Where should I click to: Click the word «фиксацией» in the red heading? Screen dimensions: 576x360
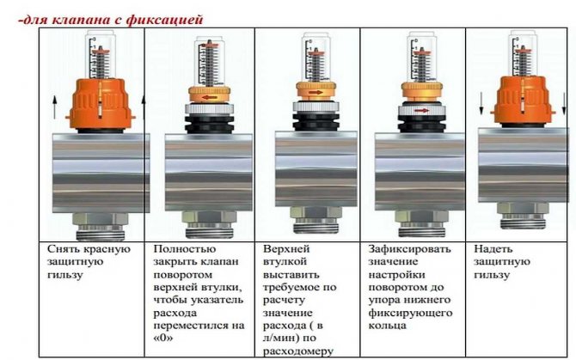164,20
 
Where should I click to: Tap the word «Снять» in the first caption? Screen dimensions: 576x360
64,249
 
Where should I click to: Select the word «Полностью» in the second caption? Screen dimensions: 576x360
185,249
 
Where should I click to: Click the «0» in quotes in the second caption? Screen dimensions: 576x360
163,338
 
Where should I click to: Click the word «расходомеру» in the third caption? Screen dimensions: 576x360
298,351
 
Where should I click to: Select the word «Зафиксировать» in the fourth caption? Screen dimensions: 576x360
409,249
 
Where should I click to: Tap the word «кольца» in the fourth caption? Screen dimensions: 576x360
387,326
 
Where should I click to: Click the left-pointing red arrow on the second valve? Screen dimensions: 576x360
209,97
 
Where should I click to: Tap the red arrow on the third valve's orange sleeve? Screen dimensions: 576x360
316,93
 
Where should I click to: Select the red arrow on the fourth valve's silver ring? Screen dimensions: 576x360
421,110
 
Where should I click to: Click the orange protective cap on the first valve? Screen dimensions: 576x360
100,104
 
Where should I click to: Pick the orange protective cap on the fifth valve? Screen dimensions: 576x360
523,100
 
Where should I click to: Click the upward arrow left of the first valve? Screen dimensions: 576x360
54,107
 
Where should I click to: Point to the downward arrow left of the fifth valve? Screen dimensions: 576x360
481,103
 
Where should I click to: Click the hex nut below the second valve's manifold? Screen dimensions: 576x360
208,219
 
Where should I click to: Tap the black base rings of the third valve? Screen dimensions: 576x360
316,121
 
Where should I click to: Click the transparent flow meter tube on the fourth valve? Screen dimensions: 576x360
422,57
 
